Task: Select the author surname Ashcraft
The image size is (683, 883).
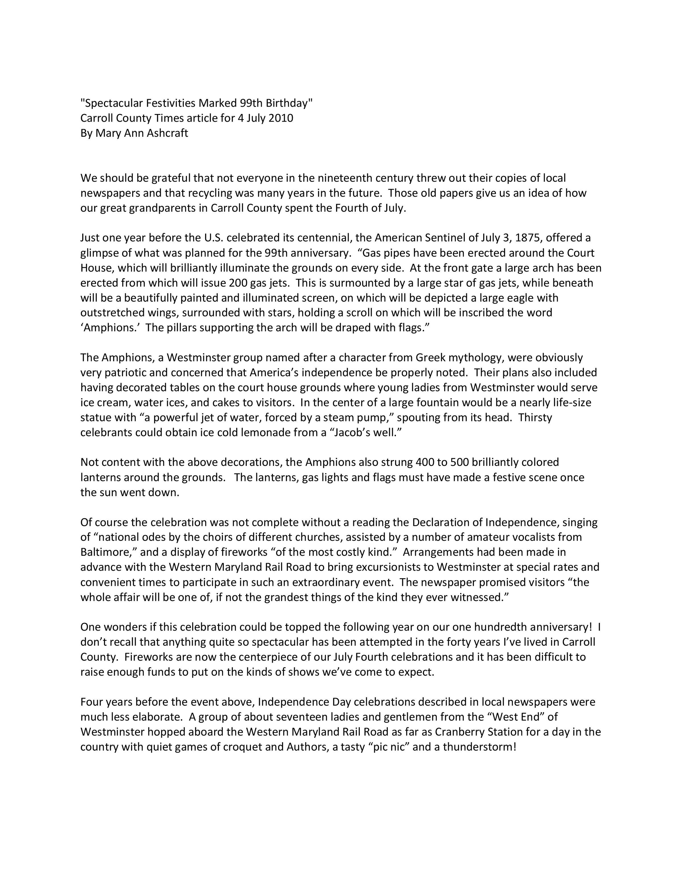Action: click(x=167, y=133)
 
